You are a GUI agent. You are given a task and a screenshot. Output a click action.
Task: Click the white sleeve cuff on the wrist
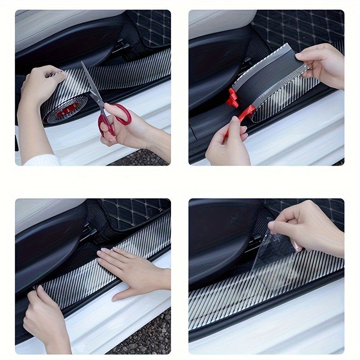coord(43,160)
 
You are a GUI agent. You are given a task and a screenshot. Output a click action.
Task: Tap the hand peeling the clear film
coord(310,229)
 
